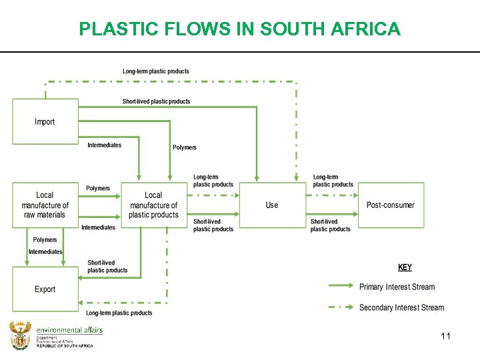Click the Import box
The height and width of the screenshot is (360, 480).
coord(45,121)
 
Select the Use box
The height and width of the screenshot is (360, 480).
coord(271,205)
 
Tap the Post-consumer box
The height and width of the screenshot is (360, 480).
coord(391,205)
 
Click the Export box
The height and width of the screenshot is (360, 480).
coord(45,289)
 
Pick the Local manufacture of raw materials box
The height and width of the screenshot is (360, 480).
coord(45,205)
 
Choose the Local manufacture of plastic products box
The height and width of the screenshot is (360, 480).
coord(153,205)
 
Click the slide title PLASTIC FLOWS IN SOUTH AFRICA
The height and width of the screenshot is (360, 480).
coord(239,29)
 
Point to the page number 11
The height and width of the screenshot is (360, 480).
coord(445,336)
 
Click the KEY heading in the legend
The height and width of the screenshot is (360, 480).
coord(405,267)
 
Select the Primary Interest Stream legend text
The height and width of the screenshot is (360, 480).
coord(397,287)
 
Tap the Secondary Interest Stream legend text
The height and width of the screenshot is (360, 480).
coord(401,307)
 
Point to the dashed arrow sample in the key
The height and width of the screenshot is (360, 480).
coord(341,307)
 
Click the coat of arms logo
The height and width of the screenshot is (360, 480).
coord(20,335)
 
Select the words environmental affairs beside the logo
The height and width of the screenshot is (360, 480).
coord(69,330)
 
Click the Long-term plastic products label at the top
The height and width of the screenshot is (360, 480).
coord(155,71)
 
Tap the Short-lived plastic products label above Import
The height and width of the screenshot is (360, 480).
coord(156,101)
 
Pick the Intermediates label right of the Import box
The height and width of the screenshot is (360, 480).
coord(105,145)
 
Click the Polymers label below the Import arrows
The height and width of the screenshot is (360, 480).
coord(185,147)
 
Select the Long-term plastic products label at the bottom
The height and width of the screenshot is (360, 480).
coord(119,313)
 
